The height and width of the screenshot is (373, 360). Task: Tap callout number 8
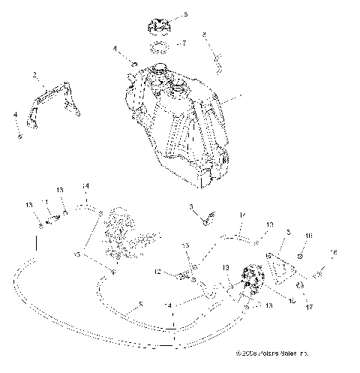[203, 34]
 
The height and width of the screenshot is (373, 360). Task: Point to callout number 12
[159, 272]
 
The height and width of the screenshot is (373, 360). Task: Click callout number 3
[191, 206]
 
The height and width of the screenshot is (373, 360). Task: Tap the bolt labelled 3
[206, 219]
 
